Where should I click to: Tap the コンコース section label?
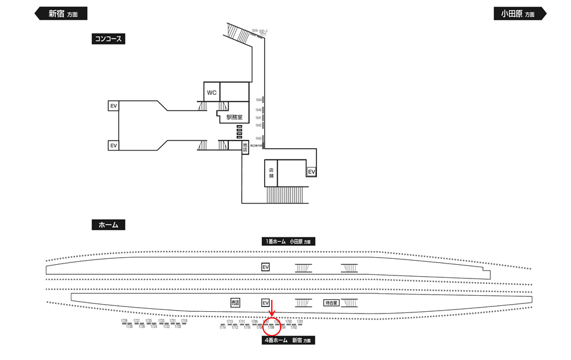[108, 39]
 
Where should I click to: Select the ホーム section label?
[108, 225]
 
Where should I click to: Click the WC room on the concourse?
[211, 93]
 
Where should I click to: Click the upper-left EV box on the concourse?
[113, 106]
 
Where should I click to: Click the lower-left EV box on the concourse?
[113, 145]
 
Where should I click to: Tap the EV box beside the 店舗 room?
[311, 171]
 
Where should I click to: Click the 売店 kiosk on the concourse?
[244, 148]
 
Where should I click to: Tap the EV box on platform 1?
[266, 268]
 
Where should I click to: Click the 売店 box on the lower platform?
[236, 303]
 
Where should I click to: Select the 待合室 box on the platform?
[331, 303]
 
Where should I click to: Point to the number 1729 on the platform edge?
[124, 321]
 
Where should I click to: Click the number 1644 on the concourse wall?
[259, 99]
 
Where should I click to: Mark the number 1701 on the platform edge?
[300, 321]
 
